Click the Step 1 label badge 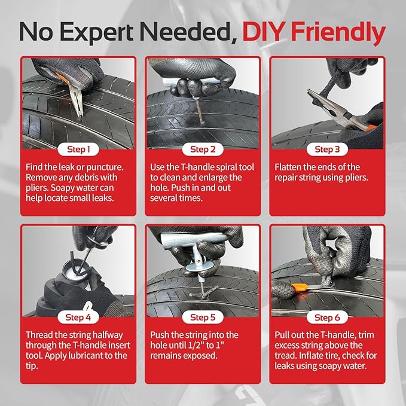[x=78, y=149]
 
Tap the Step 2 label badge [x=203, y=149]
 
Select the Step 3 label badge [x=327, y=149]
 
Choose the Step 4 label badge [x=78, y=318]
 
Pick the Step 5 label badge [x=203, y=318]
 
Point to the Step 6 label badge [x=327, y=318]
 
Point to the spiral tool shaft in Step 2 [x=199, y=111]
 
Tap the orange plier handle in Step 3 [x=371, y=127]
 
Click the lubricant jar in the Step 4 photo [x=75, y=271]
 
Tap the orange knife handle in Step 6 [x=300, y=287]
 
